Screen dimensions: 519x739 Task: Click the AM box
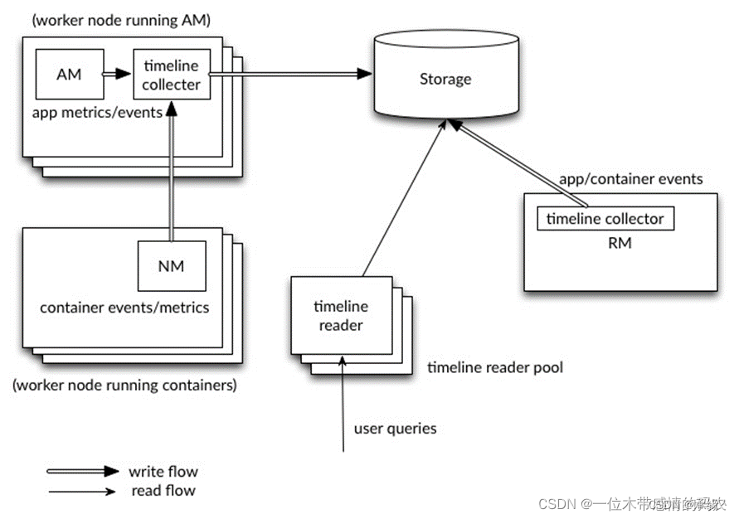click(69, 75)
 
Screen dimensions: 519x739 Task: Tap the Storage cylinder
click(445, 80)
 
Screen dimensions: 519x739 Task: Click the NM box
click(170, 267)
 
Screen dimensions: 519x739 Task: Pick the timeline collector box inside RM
click(605, 219)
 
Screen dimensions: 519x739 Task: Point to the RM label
click(620, 243)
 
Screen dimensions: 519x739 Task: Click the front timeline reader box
click(341, 316)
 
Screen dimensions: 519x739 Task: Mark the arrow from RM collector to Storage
click(518, 162)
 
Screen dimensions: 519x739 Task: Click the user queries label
click(395, 429)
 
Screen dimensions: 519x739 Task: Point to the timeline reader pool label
click(495, 366)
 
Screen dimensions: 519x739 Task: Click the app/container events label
click(631, 179)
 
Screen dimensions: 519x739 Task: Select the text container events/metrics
click(124, 308)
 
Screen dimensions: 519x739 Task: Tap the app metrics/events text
click(96, 112)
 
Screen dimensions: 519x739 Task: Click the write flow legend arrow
click(82, 472)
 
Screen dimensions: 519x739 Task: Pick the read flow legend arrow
click(82, 491)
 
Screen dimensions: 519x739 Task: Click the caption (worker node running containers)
click(125, 385)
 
